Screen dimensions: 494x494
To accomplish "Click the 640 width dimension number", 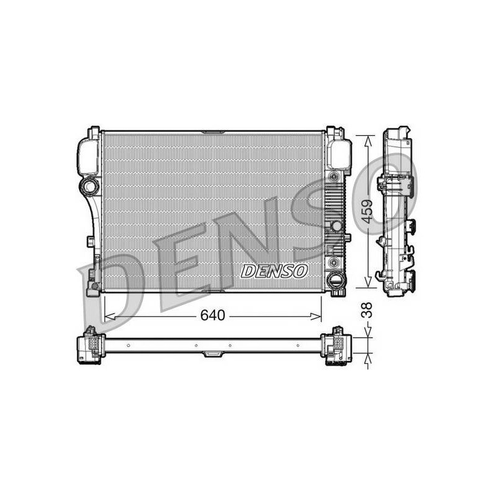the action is click(212, 315).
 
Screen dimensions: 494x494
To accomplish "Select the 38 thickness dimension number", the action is click(367, 310).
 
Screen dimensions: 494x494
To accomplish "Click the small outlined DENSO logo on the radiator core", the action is click(274, 271).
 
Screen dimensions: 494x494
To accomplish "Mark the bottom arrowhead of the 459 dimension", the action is click(367, 282).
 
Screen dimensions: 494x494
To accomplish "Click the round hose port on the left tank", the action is click(90, 186).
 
